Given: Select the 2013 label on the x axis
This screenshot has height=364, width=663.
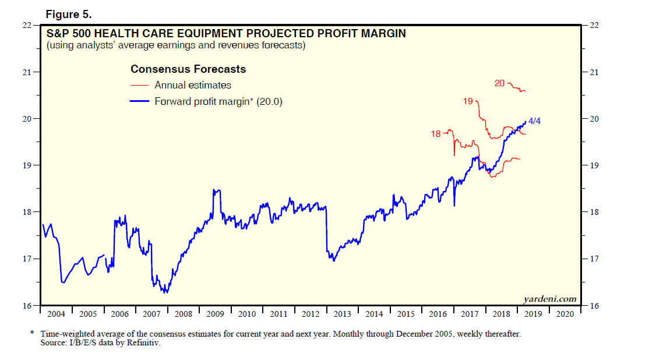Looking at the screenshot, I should (x=342, y=314).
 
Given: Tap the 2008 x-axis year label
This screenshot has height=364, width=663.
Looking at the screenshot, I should (x=183, y=314).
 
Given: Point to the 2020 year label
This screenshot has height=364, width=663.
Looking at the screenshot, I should (x=565, y=314).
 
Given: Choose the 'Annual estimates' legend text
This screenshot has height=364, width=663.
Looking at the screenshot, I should (x=193, y=85).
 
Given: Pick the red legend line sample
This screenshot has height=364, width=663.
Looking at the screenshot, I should (x=140, y=85).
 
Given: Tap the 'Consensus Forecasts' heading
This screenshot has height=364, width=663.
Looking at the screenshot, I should (x=188, y=69).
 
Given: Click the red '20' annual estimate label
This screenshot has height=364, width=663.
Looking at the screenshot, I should (x=499, y=83).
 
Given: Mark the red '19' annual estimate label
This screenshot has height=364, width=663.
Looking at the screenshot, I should (x=468, y=101).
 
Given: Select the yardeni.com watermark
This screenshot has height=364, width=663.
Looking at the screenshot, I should (x=550, y=299).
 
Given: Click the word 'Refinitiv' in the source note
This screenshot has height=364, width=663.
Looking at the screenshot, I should (x=143, y=343).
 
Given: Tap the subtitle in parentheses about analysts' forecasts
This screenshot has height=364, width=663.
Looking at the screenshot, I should (x=175, y=45).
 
